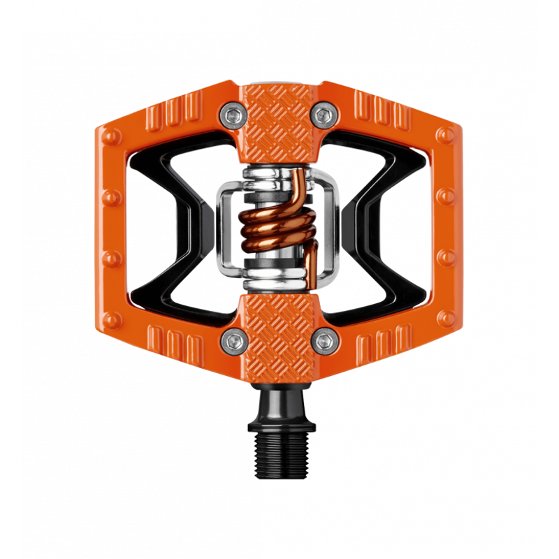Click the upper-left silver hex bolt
230,114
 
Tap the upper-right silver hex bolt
322,114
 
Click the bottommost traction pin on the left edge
112,319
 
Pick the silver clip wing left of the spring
225,227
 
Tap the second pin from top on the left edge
111,196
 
